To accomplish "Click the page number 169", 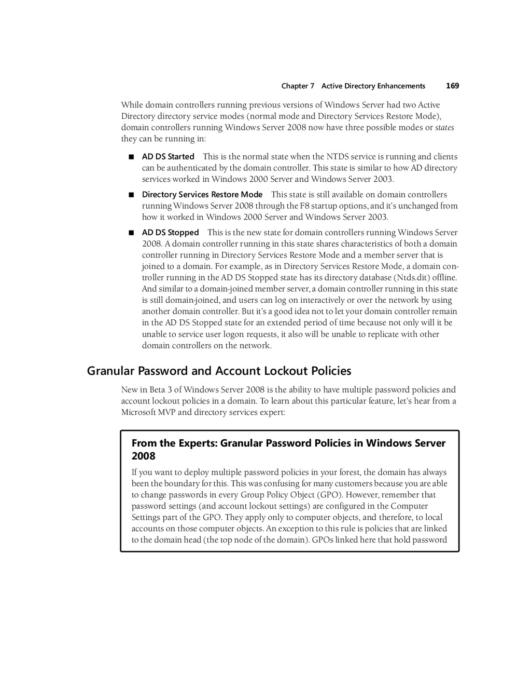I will pyautogui.click(x=452, y=86).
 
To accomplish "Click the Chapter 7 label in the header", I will pyautogui.click(x=298, y=86).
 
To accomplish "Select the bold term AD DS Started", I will pyautogui.click(x=168, y=157).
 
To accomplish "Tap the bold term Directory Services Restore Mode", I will pyautogui.click(x=202, y=195).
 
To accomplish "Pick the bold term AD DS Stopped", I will pyautogui.click(x=170, y=233).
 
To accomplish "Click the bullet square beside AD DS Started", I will pyautogui.click(x=131, y=157).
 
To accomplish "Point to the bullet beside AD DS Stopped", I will pyautogui.click(x=131, y=233).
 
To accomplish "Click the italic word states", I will pyautogui.click(x=444, y=128).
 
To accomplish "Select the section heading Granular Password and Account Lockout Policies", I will pyautogui.click(x=219, y=371).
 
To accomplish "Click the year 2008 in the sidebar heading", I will pyautogui.click(x=144, y=456).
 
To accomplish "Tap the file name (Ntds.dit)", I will pyautogui.click(x=412, y=278).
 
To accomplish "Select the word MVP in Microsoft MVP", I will pyautogui.click(x=166, y=412).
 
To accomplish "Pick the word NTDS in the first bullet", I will pyautogui.click(x=338, y=157).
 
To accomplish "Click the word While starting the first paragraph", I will pyautogui.click(x=132, y=105).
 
